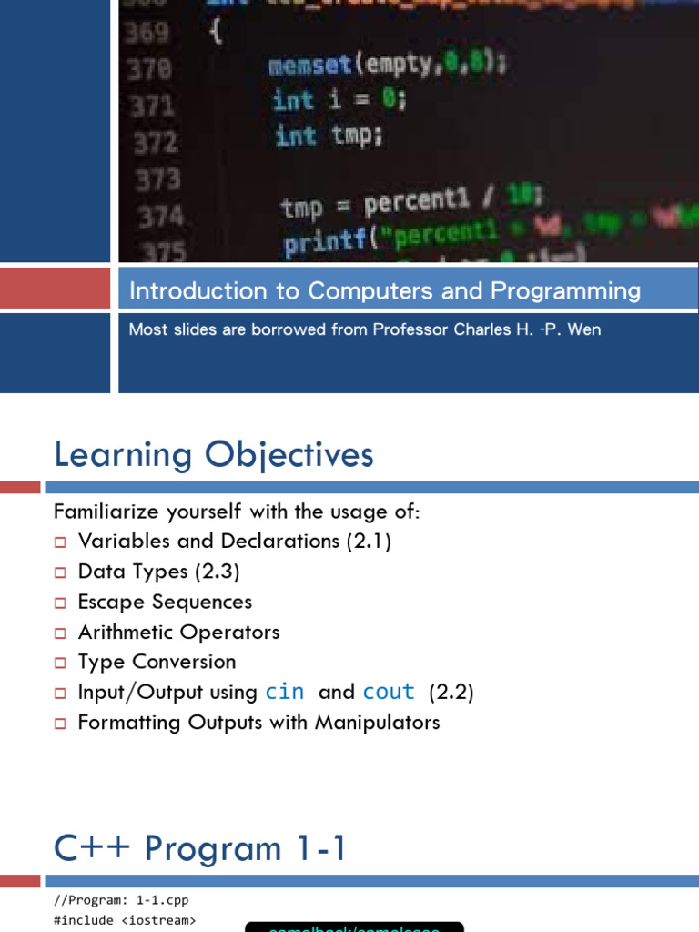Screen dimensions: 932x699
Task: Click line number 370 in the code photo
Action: pyautogui.click(x=152, y=68)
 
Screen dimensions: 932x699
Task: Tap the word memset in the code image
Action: pyautogui.click(x=304, y=66)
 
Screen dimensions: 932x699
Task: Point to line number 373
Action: pyautogui.click(x=158, y=179)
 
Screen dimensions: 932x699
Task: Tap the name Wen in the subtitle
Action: pyautogui.click(x=583, y=329)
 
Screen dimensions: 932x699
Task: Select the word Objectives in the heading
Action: pyautogui.click(x=289, y=454)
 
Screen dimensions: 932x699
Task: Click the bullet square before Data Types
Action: pyautogui.click(x=60, y=572)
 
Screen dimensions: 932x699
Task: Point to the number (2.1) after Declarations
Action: pyautogui.click(x=369, y=541)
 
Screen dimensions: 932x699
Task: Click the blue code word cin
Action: pyautogui.click(x=284, y=692)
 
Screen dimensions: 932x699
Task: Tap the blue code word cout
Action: pyautogui.click(x=389, y=692)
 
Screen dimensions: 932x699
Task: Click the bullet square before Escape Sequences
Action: pyautogui.click(x=60, y=603)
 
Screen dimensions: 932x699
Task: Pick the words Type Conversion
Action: pyautogui.click(x=157, y=662)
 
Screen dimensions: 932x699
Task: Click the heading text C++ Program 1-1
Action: pyautogui.click(x=200, y=848)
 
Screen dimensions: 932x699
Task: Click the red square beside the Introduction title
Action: pyautogui.click(x=55, y=289)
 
